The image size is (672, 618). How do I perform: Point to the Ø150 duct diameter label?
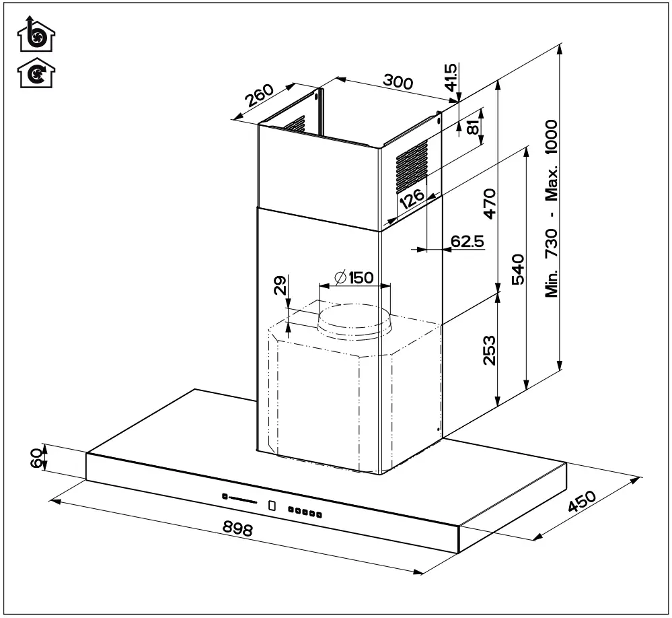point(354,277)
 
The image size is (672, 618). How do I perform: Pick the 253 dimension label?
point(489,350)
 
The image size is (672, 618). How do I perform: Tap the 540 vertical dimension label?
point(519,269)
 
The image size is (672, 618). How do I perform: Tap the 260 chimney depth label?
point(259,96)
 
